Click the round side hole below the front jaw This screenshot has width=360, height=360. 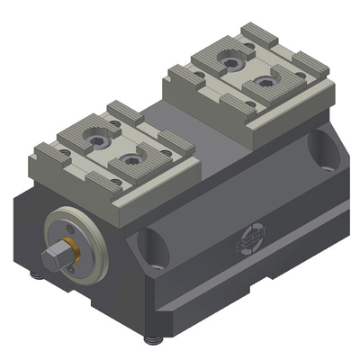pyautogui.click(x=149, y=241)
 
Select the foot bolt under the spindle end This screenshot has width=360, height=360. pyautogui.click(x=41, y=279)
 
